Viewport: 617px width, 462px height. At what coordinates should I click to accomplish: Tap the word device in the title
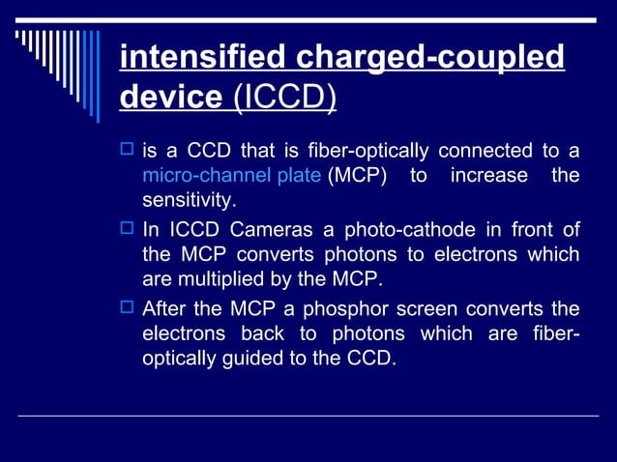pos(170,97)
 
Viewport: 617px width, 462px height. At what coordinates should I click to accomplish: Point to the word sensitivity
pos(189,201)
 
